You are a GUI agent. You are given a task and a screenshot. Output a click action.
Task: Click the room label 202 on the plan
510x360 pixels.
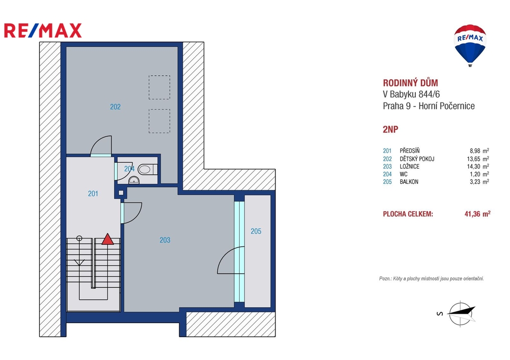[x=115, y=107]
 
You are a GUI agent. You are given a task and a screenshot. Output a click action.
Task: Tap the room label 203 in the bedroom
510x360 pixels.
[x=165, y=240]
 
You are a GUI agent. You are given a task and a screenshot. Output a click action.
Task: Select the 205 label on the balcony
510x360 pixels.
[x=256, y=231]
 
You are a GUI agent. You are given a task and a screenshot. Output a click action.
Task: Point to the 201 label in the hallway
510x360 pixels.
[x=93, y=194]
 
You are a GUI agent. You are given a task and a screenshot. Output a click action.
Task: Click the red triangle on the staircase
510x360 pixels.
[x=108, y=240]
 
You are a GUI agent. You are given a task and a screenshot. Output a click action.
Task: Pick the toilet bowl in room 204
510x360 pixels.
[x=145, y=169]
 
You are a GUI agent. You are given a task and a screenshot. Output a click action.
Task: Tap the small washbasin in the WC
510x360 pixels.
[x=133, y=180]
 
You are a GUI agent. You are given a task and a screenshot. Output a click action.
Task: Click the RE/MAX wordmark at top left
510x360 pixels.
[x=43, y=30]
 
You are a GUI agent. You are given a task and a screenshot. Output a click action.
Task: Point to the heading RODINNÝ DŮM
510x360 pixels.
[x=410, y=83]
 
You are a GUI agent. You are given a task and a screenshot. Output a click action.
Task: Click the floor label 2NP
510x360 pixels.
[x=390, y=129]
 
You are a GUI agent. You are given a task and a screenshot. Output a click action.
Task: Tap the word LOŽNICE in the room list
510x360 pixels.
[x=409, y=166]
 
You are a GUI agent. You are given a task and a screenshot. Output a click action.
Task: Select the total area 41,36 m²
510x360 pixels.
[x=478, y=214]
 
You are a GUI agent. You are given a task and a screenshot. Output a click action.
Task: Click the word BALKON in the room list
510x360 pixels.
[x=409, y=182]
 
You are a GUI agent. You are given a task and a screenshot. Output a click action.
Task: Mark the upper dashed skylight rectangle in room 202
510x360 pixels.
[x=159, y=88]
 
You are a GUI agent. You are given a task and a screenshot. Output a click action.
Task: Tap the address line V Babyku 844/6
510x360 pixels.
[x=411, y=94]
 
